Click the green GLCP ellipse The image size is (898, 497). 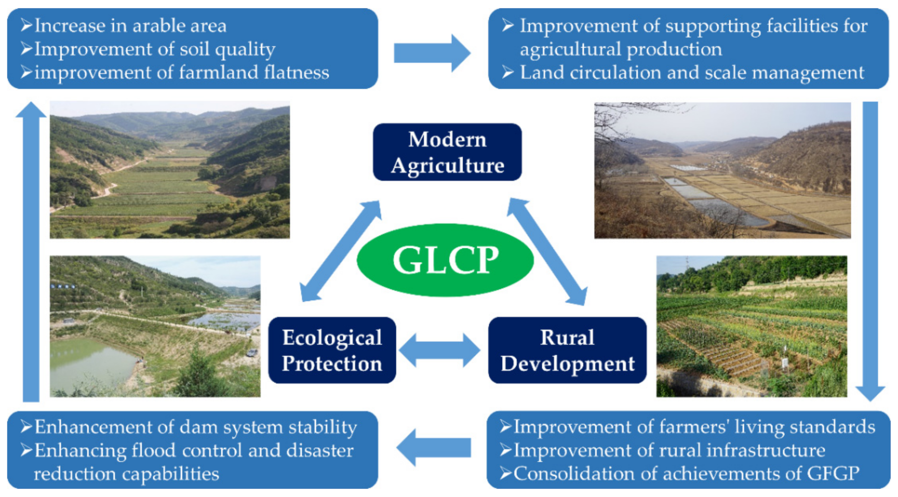tap(445, 260)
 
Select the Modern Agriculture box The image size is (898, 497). tap(447, 152)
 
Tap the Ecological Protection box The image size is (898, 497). tap(332, 350)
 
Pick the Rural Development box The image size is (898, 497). tap(567, 350)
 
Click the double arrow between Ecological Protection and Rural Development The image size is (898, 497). tap(439, 350)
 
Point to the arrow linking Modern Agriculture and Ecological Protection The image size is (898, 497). tap(341, 251)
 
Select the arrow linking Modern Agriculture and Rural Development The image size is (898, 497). tap(547, 252)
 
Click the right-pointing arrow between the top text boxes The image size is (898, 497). tap(432, 53)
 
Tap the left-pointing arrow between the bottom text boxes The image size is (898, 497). tap(434, 447)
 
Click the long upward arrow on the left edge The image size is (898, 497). tap(31, 251)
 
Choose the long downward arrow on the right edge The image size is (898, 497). tap(870, 251)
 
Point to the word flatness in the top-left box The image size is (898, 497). tap(297, 72)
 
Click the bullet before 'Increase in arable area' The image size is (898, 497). tap(26, 25)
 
